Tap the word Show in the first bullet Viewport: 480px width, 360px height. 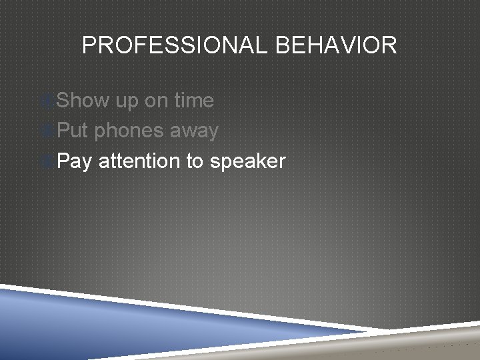(83, 101)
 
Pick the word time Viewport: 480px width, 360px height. (194, 101)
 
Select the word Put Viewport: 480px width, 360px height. (73, 131)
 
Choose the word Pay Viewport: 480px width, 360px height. (74, 162)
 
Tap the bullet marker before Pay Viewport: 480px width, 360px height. (47, 162)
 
